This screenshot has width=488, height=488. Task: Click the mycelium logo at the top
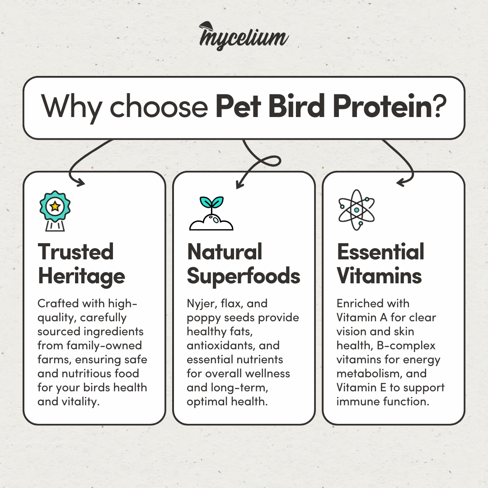pos(244,36)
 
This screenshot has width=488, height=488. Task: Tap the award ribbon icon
pos(55,211)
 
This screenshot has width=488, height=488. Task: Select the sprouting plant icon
pos(211,213)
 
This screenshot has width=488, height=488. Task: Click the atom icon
pos(357,210)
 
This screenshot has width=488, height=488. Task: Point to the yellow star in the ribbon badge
pos(55,206)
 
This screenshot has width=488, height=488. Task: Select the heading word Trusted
pos(75,252)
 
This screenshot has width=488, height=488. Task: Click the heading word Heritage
pos(81,277)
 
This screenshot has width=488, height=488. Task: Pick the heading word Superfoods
pos(244,277)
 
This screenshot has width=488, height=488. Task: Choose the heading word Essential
pos(380,252)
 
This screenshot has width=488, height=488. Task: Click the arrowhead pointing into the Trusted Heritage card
pos(80,183)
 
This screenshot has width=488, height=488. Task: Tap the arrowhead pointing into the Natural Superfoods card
pos(239,184)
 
